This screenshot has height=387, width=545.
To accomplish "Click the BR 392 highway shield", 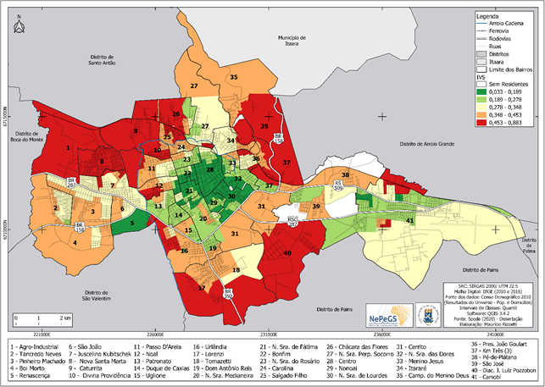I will (227, 292).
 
